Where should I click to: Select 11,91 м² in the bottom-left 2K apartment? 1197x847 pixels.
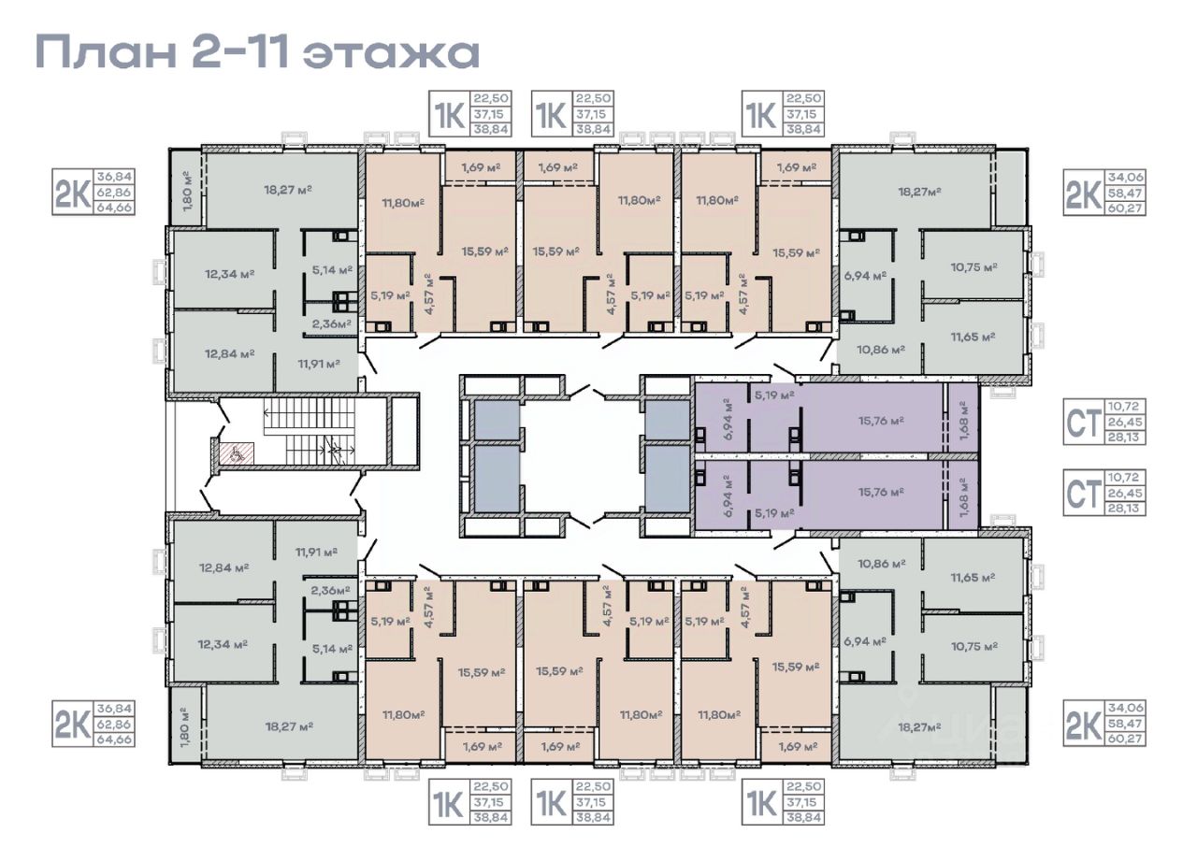(316, 552)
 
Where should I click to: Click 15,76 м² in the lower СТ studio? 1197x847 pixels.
(881, 492)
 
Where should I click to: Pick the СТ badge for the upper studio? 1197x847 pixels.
(1083, 423)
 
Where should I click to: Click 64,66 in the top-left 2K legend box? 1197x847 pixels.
(114, 208)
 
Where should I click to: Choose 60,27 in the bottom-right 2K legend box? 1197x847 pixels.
(1125, 739)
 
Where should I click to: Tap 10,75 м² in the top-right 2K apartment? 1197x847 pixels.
(974, 267)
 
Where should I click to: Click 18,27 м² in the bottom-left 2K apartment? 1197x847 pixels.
(289, 726)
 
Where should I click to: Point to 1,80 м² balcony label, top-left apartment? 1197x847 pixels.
(186, 192)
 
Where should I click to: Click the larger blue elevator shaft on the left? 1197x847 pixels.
(497, 479)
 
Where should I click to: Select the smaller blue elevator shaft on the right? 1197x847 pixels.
(668, 421)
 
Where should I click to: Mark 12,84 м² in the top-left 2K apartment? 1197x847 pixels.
(229, 353)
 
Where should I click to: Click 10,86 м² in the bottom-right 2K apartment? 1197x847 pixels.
(882, 564)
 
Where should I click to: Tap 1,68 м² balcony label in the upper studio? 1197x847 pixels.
(963, 422)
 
